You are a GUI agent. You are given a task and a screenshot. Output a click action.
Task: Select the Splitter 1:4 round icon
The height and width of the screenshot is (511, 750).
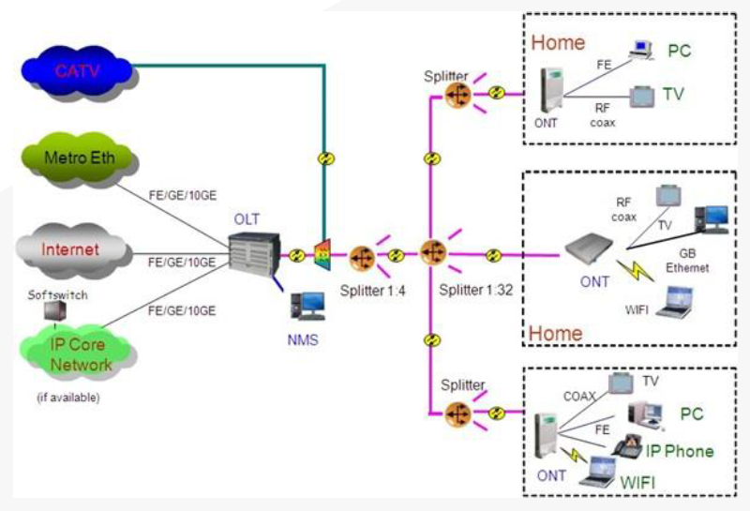[362, 256]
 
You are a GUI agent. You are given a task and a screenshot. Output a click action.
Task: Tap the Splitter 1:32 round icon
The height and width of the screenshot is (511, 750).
[432, 253]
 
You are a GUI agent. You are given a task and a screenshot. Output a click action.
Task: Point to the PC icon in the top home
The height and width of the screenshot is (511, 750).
[643, 50]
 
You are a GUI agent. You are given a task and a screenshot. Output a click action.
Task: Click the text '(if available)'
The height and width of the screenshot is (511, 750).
[68, 397]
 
